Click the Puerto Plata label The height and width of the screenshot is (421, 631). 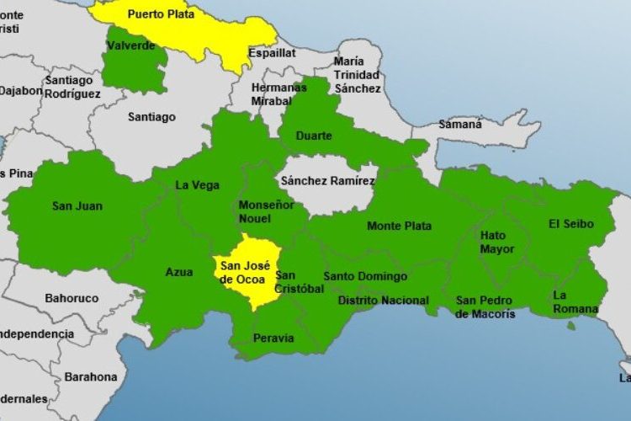tap(161, 13)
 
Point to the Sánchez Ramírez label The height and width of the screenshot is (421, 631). tap(328, 180)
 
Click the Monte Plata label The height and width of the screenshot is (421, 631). tap(399, 226)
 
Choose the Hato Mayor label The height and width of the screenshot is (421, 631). tap(493, 242)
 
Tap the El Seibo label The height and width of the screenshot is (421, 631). tap(570, 224)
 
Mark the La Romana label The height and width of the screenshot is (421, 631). tap(575, 301)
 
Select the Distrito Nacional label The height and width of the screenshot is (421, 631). tap(383, 301)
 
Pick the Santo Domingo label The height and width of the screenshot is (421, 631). tap(365, 276)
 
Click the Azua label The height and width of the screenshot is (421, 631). tap(178, 272)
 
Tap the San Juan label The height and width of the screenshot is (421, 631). tap(72, 205)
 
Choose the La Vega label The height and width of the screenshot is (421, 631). tap(194, 185)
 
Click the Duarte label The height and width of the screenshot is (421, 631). tap(314, 136)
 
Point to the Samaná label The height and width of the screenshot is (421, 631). tap(459, 124)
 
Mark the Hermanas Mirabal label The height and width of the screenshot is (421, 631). tap(278, 94)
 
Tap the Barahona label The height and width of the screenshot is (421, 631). tap(91, 376)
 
